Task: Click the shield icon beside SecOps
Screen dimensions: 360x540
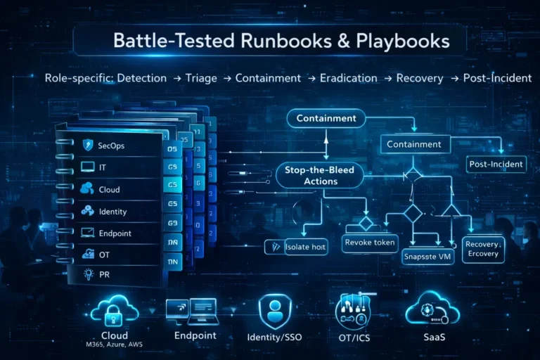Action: pyautogui.click(x=88, y=146)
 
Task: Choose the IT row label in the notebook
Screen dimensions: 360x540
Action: pyautogui.click(x=103, y=167)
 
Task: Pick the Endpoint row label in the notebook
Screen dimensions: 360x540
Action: pyautogui.click(x=115, y=233)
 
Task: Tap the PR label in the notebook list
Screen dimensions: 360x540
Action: pyautogui.click(x=105, y=275)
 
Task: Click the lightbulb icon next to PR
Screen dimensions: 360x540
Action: pyautogui.click(x=89, y=275)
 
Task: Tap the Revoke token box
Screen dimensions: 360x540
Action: pyautogui.click(x=370, y=243)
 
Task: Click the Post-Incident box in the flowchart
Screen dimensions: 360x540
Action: pyautogui.click(x=496, y=165)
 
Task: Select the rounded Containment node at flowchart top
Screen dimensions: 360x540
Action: pyautogui.click(x=326, y=118)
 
